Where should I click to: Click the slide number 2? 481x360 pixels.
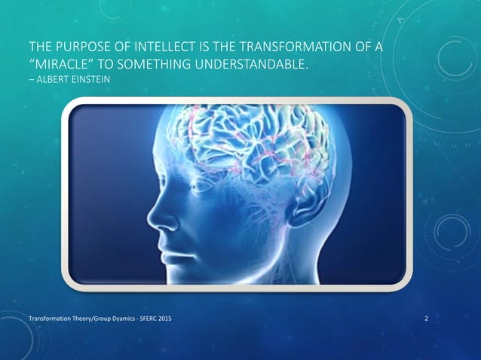click(x=427, y=321)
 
